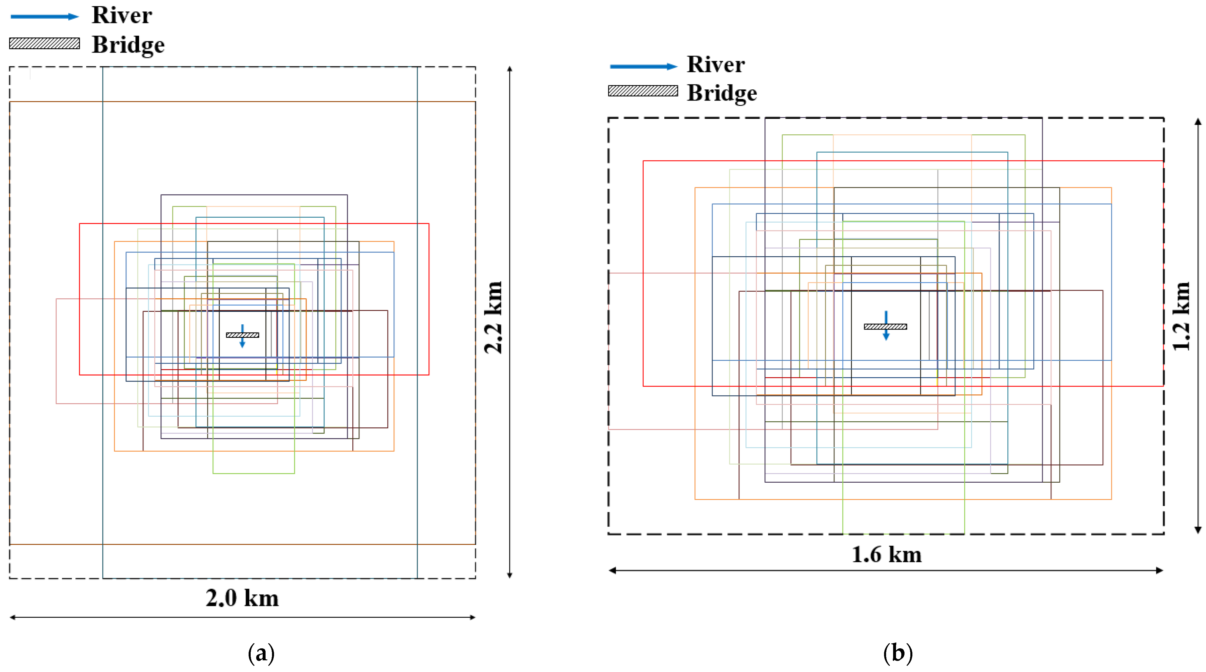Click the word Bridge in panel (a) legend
(128, 45)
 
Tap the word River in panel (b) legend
(715, 65)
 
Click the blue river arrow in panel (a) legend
(44, 17)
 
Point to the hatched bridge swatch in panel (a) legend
(44, 44)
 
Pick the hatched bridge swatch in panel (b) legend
(643, 91)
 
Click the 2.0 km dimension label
(242, 598)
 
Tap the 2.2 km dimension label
(493, 318)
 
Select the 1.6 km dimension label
(886, 555)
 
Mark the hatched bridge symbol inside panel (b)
(885, 326)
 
